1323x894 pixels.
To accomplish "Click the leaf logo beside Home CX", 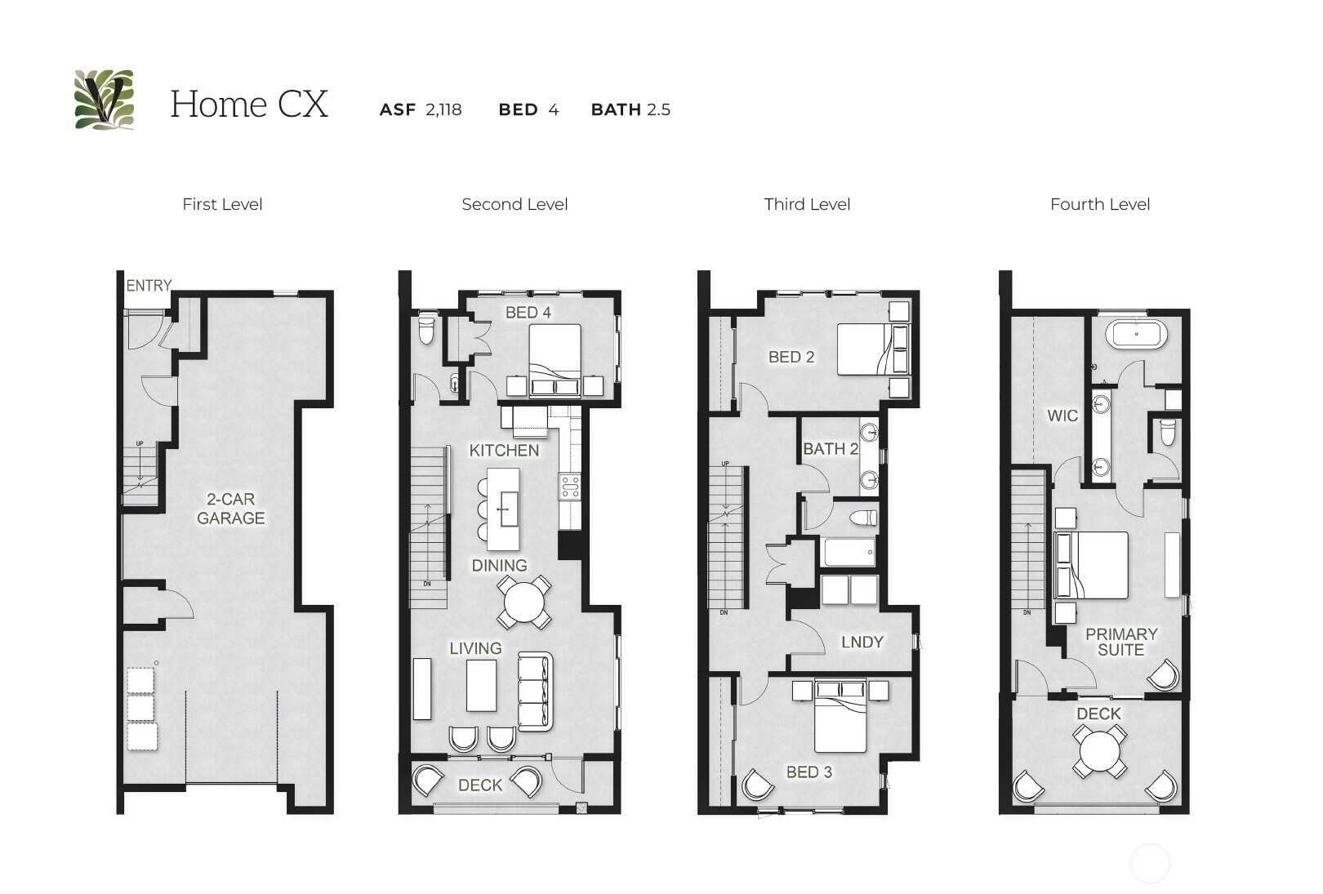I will coord(104,100).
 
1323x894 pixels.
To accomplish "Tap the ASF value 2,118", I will coord(443,109).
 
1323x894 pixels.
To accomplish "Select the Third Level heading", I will coord(807,204).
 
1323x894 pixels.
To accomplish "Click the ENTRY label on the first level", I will coord(149,285).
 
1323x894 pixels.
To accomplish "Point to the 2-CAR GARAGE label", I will coord(230,508).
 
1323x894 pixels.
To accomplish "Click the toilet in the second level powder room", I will coord(426,331).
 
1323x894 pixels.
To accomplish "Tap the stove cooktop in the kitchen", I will coord(569,487).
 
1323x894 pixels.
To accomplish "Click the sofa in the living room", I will coord(535,691).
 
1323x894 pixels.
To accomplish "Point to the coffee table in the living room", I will coord(482,685).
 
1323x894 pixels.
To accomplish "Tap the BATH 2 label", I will coord(830,448).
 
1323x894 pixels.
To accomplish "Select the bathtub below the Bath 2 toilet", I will coord(849,552).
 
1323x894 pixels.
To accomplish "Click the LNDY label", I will coord(862,642).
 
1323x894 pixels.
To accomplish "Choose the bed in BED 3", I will coord(841,718).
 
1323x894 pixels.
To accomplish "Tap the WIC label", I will coord(1062,416).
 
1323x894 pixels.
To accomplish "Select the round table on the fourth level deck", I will coord(1099,751).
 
